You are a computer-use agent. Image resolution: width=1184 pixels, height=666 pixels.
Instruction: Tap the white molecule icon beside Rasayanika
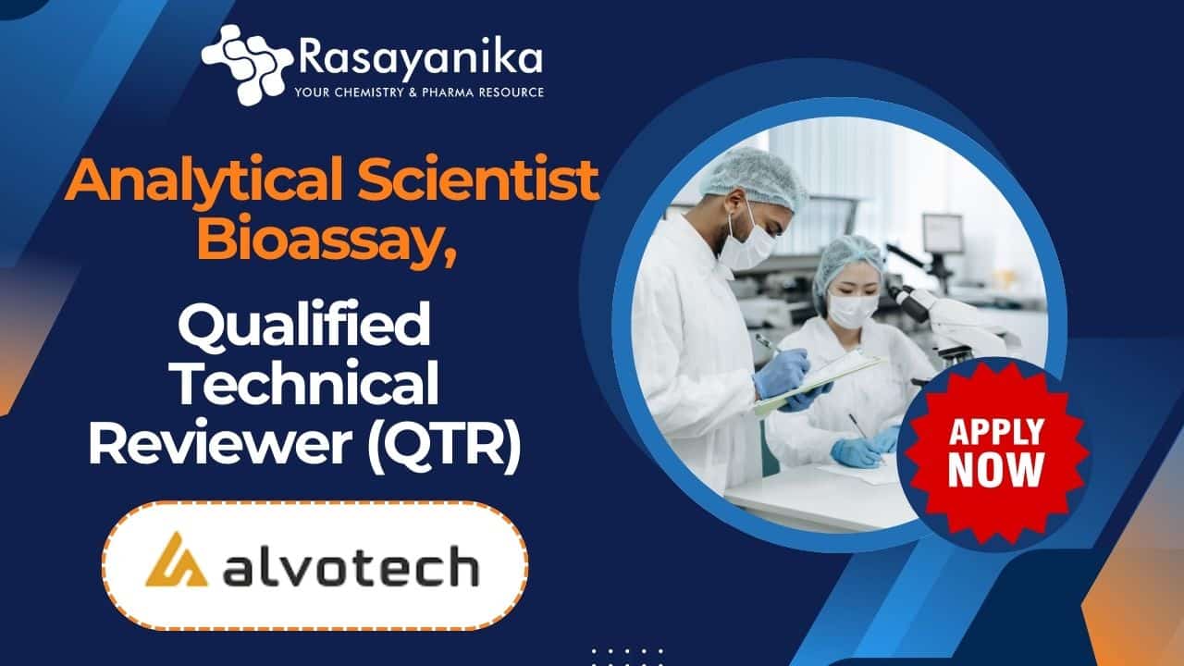247,65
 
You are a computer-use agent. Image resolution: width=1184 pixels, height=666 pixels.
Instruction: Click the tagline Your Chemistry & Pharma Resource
419,92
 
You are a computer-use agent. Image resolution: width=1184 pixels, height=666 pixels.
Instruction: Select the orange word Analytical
204,181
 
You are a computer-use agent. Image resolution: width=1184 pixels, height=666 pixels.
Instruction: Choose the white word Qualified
304,323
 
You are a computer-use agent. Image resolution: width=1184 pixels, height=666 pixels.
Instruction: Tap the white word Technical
306,381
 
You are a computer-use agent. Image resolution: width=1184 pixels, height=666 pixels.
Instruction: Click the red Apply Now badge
996,453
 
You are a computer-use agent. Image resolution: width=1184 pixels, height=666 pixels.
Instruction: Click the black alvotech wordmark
351,567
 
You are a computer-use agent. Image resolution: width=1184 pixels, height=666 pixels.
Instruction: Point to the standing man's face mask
747,241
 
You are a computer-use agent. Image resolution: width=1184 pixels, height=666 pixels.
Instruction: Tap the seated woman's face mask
851,310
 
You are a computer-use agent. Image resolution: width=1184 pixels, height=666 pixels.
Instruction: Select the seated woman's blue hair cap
847,264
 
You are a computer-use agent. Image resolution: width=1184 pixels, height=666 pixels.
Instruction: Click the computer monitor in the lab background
943,233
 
